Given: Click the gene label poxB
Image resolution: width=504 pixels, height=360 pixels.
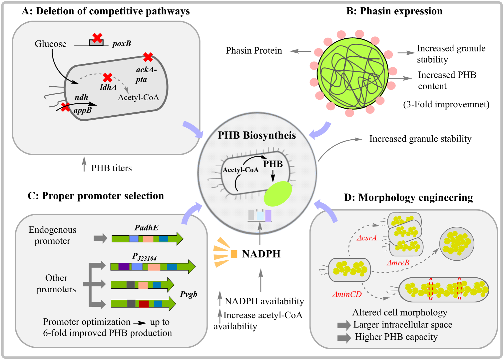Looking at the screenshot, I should point(122,44).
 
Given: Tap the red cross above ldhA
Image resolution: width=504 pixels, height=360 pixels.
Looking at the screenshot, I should point(108,78).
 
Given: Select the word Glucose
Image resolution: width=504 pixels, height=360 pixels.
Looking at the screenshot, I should point(51,44).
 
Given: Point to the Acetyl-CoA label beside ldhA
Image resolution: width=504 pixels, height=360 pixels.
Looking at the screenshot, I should point(138,98).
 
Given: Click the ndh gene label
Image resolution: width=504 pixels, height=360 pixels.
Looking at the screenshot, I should point(81,97).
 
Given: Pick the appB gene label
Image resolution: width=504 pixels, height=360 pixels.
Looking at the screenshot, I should point(83,110).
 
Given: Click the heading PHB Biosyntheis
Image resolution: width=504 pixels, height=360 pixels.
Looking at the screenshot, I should point(257,135).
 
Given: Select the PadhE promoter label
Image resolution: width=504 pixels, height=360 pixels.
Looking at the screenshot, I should point(146,228).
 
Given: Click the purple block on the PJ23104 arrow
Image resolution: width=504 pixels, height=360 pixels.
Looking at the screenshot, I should point(124,266).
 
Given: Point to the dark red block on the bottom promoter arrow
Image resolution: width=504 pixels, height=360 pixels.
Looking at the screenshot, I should point(144,304).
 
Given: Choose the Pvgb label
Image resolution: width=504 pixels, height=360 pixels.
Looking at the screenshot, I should point(189,294).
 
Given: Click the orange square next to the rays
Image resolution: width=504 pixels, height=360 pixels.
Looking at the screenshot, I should point(234,254).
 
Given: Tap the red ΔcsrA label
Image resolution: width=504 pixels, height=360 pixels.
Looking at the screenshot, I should point(367,238).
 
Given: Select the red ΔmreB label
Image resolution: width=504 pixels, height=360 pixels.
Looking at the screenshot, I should point(398,263).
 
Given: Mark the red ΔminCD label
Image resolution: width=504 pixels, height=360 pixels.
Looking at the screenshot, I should point(347,294).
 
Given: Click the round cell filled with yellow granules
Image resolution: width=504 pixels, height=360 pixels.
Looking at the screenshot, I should point(457,244).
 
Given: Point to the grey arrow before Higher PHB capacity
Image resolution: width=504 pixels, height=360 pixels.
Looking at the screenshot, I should point(344,338).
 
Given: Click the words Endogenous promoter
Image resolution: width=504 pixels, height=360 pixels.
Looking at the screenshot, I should point(52,235).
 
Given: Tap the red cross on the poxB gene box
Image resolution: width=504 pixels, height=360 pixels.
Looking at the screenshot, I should point(97,38).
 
